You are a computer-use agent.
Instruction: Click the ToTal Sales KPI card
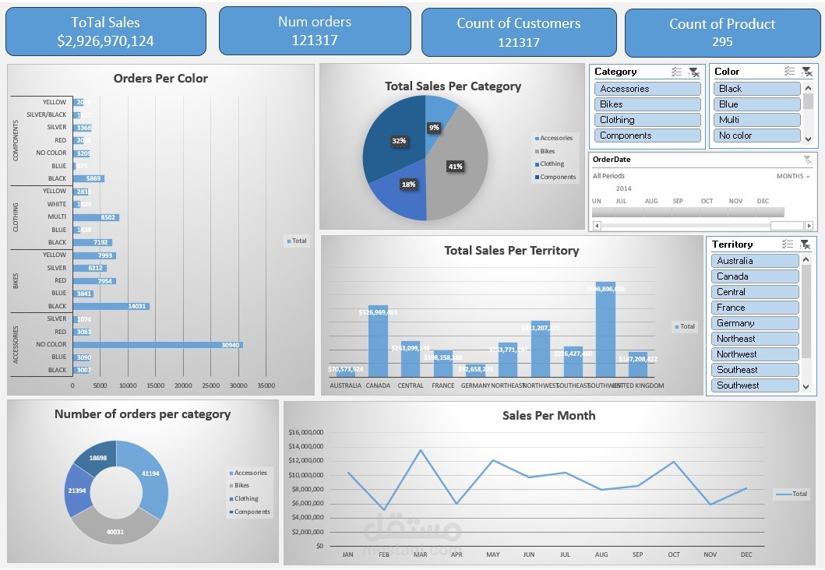point(106,32)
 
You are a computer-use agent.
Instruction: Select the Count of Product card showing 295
point(722,32)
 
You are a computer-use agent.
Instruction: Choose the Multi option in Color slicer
point(756,120)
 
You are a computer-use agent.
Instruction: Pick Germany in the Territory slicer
point(754,323)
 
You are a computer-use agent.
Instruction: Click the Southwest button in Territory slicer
point(754,385)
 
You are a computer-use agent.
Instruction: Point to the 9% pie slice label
point(434,127)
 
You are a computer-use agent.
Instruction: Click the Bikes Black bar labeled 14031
point(111,306)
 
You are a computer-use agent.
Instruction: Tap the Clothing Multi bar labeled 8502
point(96,216)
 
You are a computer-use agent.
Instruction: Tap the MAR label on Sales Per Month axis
point(420,555)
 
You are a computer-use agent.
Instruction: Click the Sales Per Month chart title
point(548,416)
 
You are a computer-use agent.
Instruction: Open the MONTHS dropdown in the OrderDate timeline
point(793,176)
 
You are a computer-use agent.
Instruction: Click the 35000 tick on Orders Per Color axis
point(266,385)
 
